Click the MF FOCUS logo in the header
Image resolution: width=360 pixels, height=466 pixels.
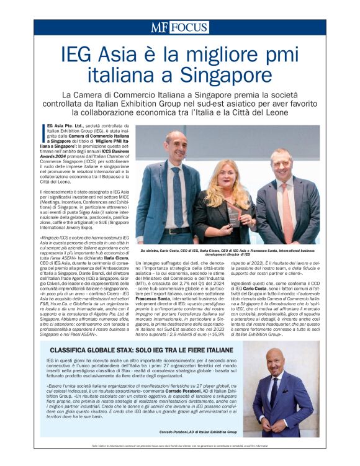(x=179, y=27)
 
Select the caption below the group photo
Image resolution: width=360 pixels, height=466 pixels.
(x=227, y=253)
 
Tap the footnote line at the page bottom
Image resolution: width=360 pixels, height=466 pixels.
(x=179, y=446)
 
